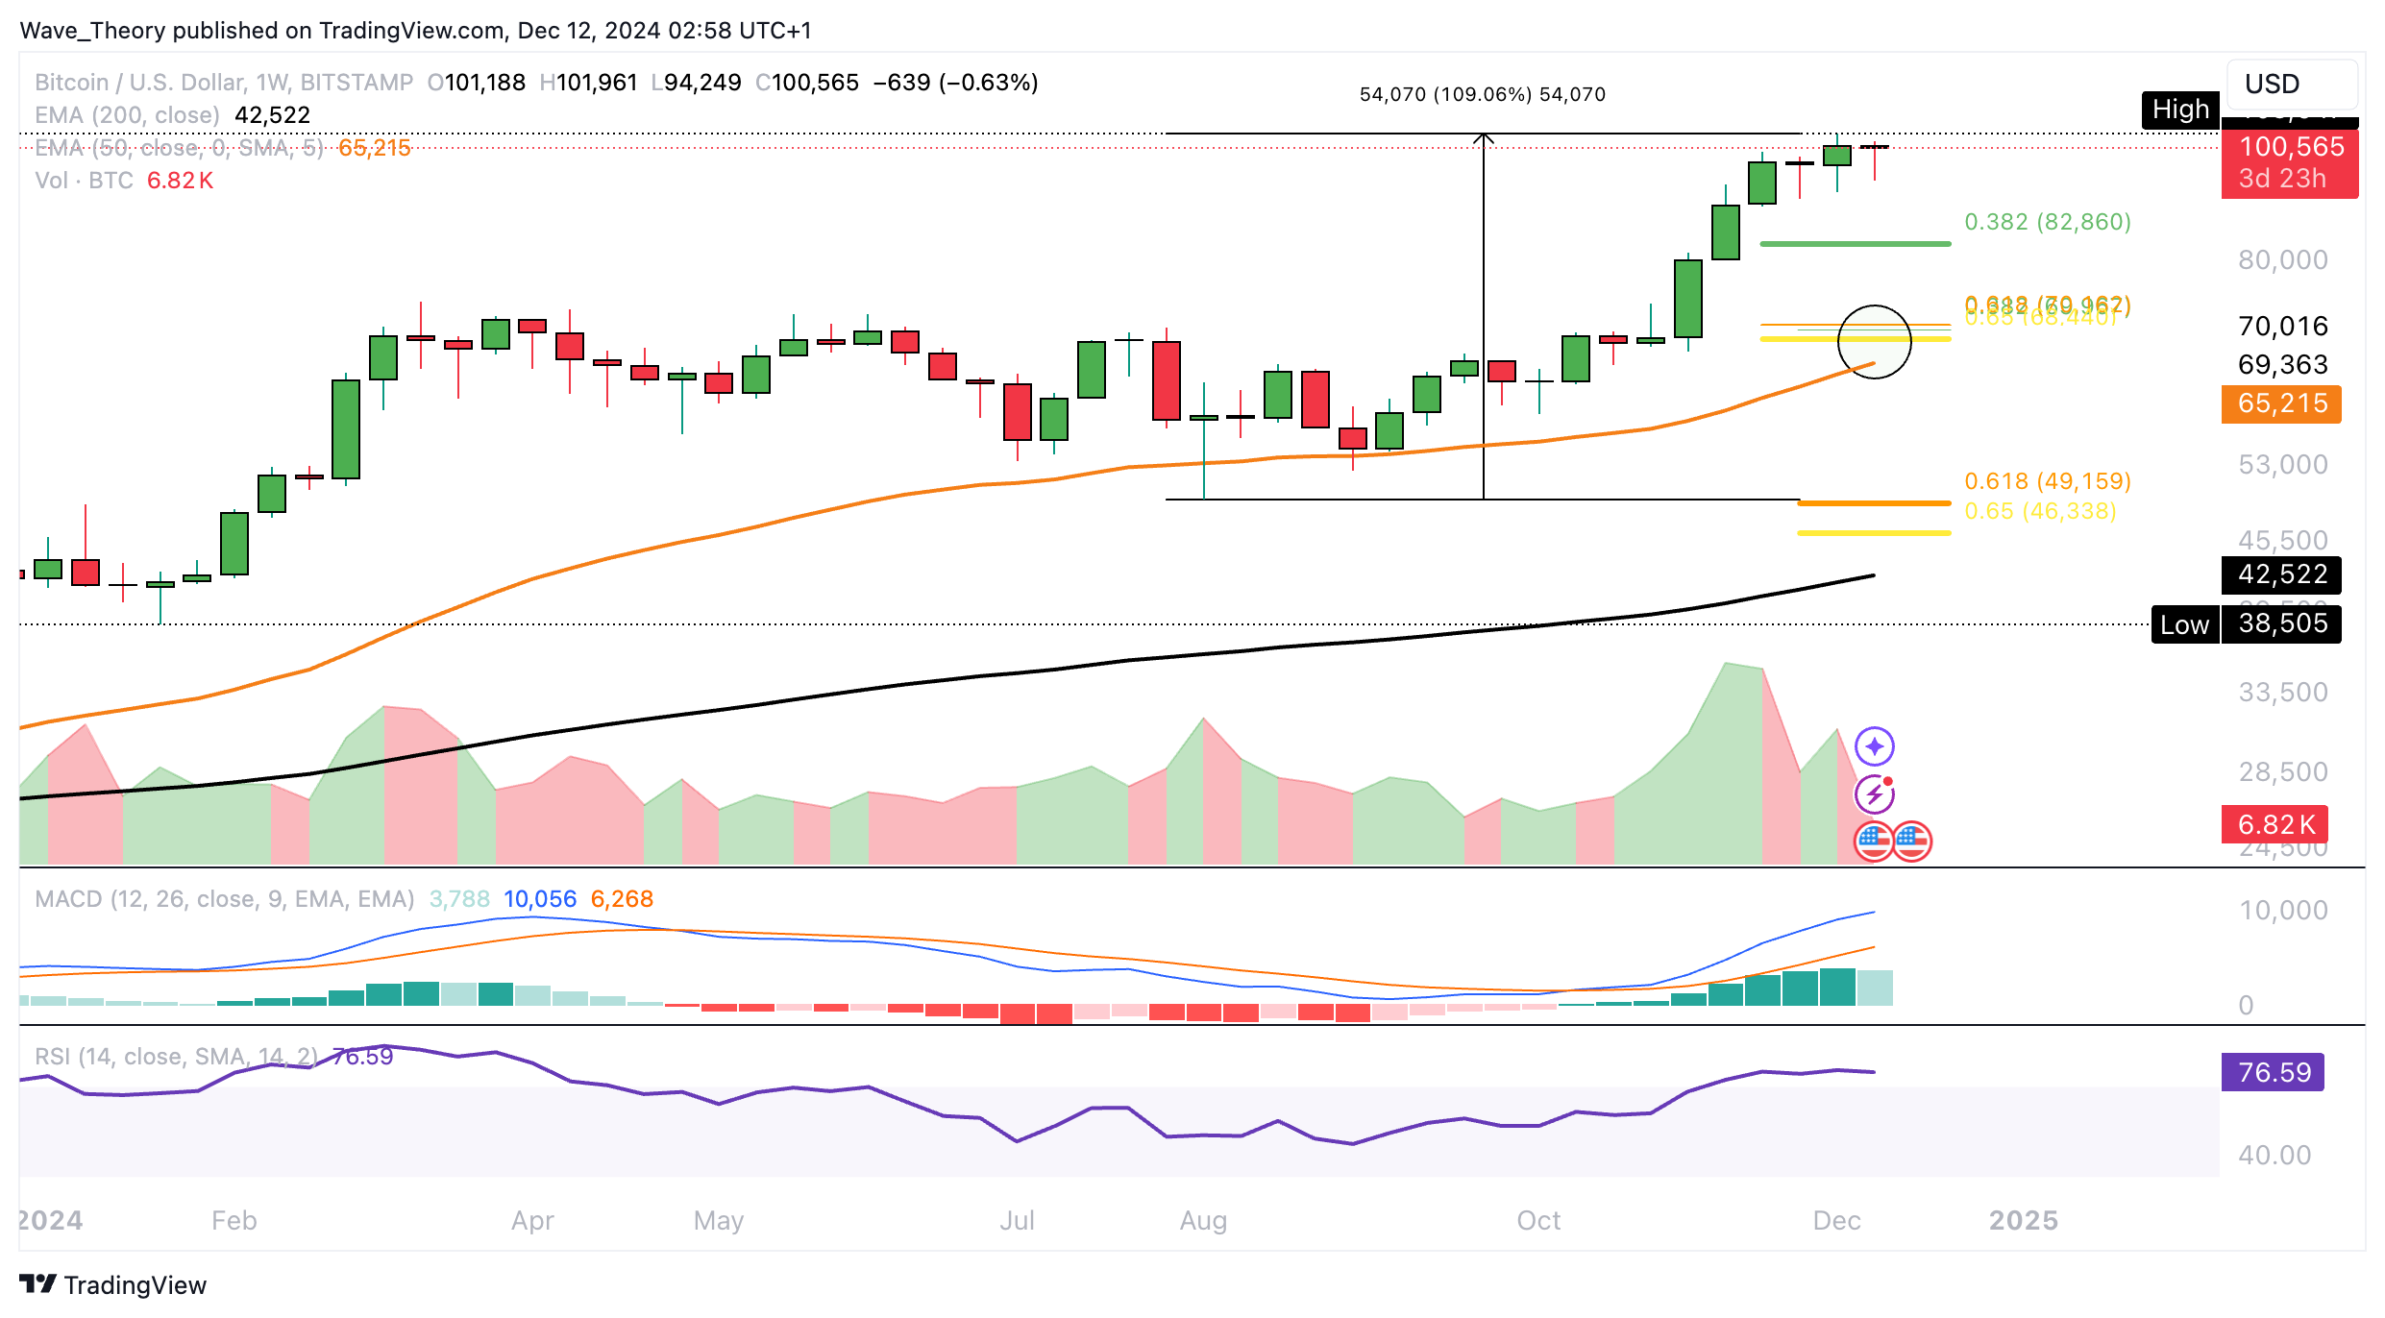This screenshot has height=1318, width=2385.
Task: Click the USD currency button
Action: pyautogui.click(x=2291, y=85)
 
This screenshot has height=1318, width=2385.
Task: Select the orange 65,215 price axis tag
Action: pyautogui.click(x=2281, y=403)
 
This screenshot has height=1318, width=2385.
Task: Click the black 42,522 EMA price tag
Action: pyautogui.click(x=2281, y=574)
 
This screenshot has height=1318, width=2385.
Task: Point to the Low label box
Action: pyautogui.click(x=2184, y=624)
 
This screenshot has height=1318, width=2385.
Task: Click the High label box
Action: pyautogui.click(x=2180, y=110)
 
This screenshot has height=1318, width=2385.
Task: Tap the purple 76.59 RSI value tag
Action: pyautogui.click(x=2273, y=1072)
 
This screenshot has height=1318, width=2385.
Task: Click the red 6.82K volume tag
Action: pyautogui.click(x=2274, y=824)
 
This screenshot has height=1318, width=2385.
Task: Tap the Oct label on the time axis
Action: pyautogui.click(x=1538, y=1220)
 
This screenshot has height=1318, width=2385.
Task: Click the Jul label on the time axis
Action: pyautogui.click(x=1017, y=1220)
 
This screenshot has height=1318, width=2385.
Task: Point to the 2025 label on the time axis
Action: pyautogui.click(x=2023, y=1220)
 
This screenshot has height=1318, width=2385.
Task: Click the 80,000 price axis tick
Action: pyautogui.click(x=2282, y=259)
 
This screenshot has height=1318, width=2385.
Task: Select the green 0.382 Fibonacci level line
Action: pyautogui.click(x=1855, y=244)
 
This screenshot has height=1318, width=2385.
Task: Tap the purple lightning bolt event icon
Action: pyautogui.click(x=1874, y=794)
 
